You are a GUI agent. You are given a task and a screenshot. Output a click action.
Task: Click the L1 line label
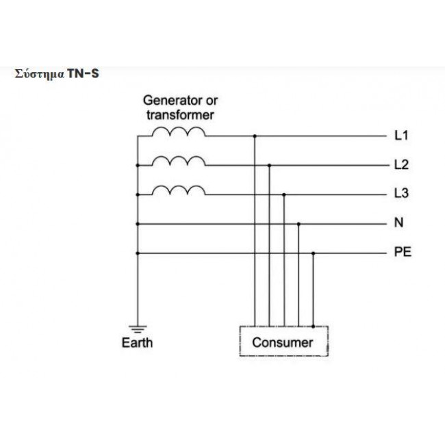click(401, 136)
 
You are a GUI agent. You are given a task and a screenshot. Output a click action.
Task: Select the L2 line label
click(402, 164)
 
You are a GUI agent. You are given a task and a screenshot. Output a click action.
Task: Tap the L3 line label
click(402, 194)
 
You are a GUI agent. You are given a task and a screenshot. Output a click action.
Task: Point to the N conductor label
click(398, 222)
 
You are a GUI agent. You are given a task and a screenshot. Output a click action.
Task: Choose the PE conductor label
click(403, 252)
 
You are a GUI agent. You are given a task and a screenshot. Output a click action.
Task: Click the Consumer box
click(284, 341)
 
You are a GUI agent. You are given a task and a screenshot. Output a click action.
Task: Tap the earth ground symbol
click(138, 329)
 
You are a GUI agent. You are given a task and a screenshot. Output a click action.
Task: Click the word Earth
click(137, 342)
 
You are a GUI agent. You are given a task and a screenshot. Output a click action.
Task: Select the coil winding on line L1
click(179, 131)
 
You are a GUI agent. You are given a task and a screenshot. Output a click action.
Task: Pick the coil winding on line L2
click(179, 161)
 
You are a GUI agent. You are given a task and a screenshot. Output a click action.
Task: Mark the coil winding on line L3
click(179, 190)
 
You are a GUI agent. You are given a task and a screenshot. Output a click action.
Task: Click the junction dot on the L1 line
click(255, 136)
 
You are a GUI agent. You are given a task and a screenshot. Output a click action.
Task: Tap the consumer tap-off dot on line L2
click(269, 166)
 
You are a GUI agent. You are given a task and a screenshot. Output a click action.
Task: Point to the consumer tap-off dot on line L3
click(284, 194)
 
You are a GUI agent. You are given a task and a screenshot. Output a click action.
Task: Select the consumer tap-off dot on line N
click(298, 224)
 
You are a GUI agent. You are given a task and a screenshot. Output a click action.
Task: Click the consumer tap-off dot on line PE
click(314, 253)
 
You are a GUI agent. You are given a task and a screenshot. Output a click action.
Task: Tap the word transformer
click(180, 115)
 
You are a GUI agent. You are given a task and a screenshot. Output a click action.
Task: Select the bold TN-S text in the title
click(83, 74)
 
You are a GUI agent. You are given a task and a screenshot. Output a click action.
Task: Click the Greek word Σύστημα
click(40, 75)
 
